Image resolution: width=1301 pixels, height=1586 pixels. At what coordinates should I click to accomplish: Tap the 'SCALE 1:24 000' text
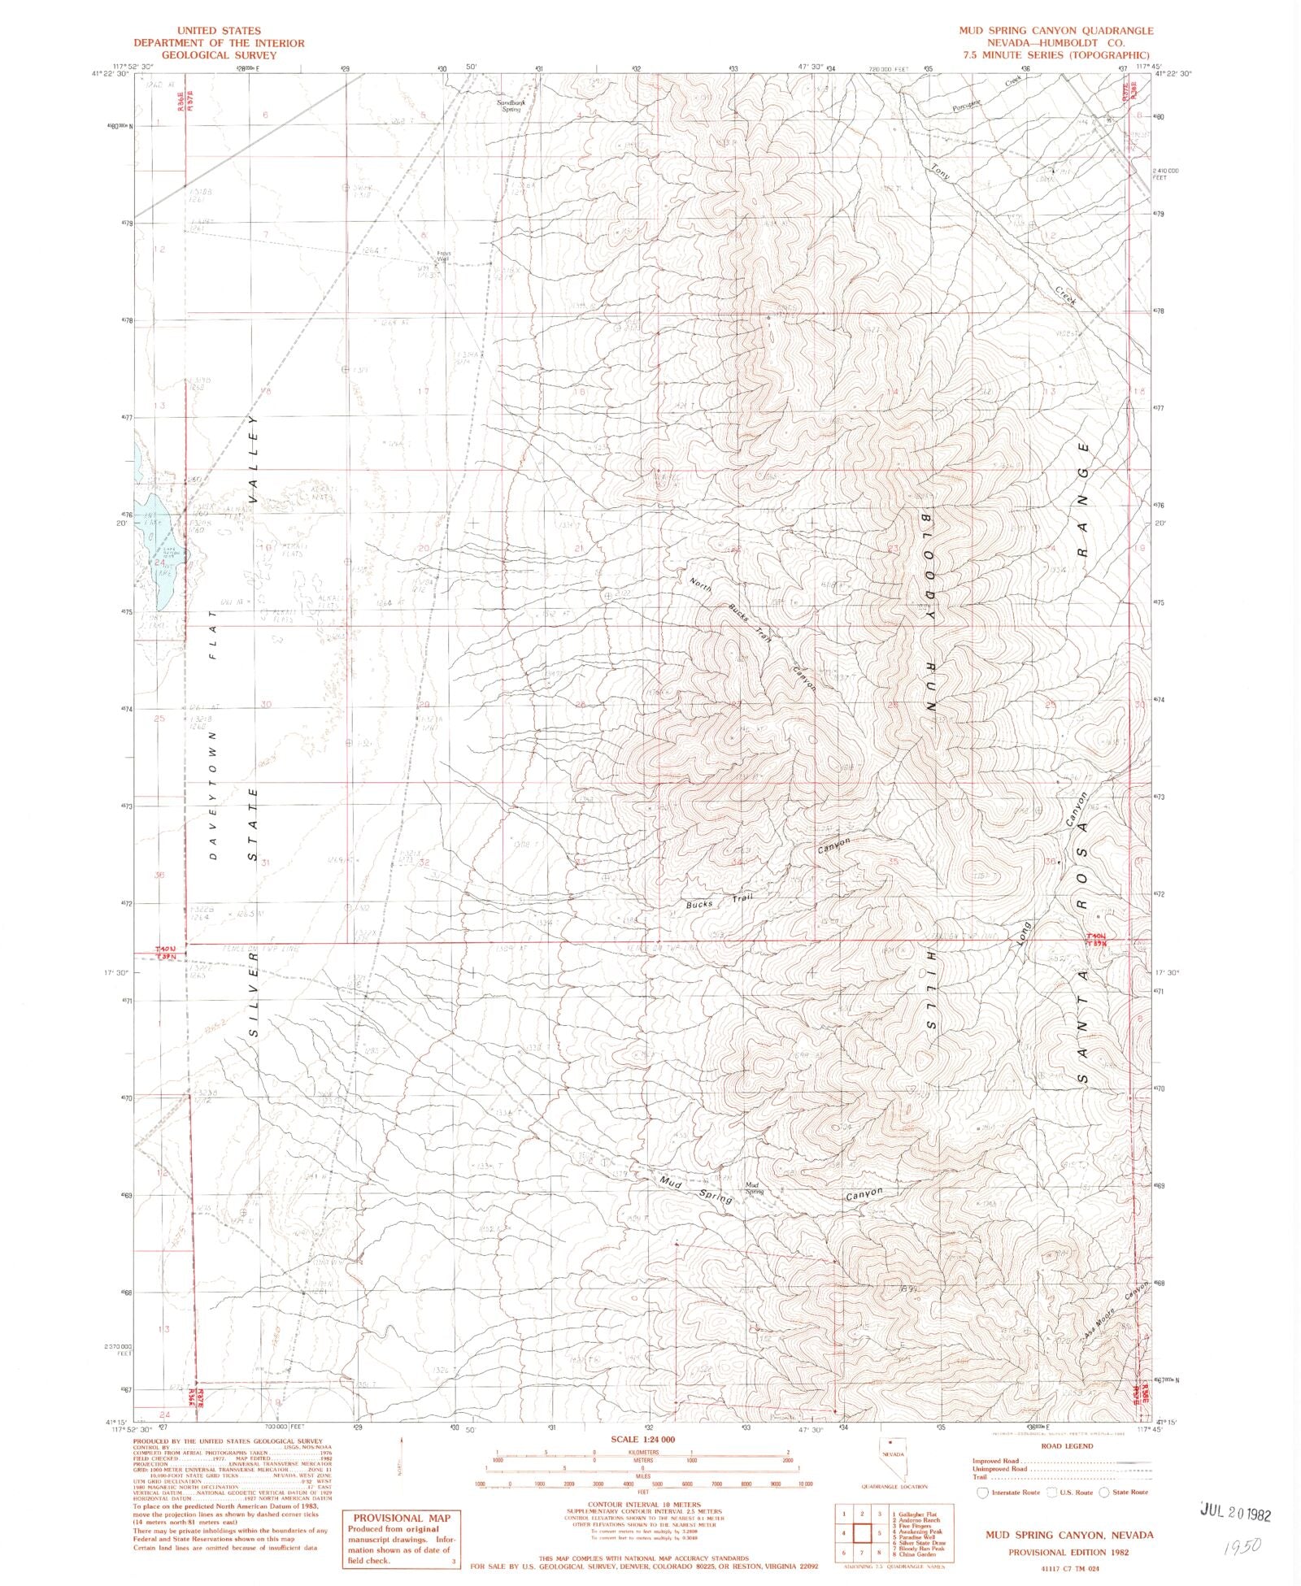pos(643,1440)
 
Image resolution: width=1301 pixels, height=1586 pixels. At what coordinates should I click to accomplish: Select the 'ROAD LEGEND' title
pos(1067,1446)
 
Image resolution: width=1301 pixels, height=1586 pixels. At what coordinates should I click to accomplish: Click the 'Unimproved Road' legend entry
pos(999,1469)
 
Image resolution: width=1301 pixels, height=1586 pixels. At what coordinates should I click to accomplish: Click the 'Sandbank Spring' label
pos(511,106)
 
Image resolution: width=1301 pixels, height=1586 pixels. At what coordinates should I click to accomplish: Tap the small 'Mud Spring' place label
pos(753,1187)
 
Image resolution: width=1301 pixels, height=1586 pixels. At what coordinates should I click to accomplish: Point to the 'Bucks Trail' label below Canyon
pos(719,902)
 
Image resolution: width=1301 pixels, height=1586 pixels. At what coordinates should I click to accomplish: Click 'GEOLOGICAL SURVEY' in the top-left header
pos(219,55)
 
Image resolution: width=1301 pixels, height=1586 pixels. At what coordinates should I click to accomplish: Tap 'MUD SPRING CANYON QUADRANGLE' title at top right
pos(1055,31)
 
